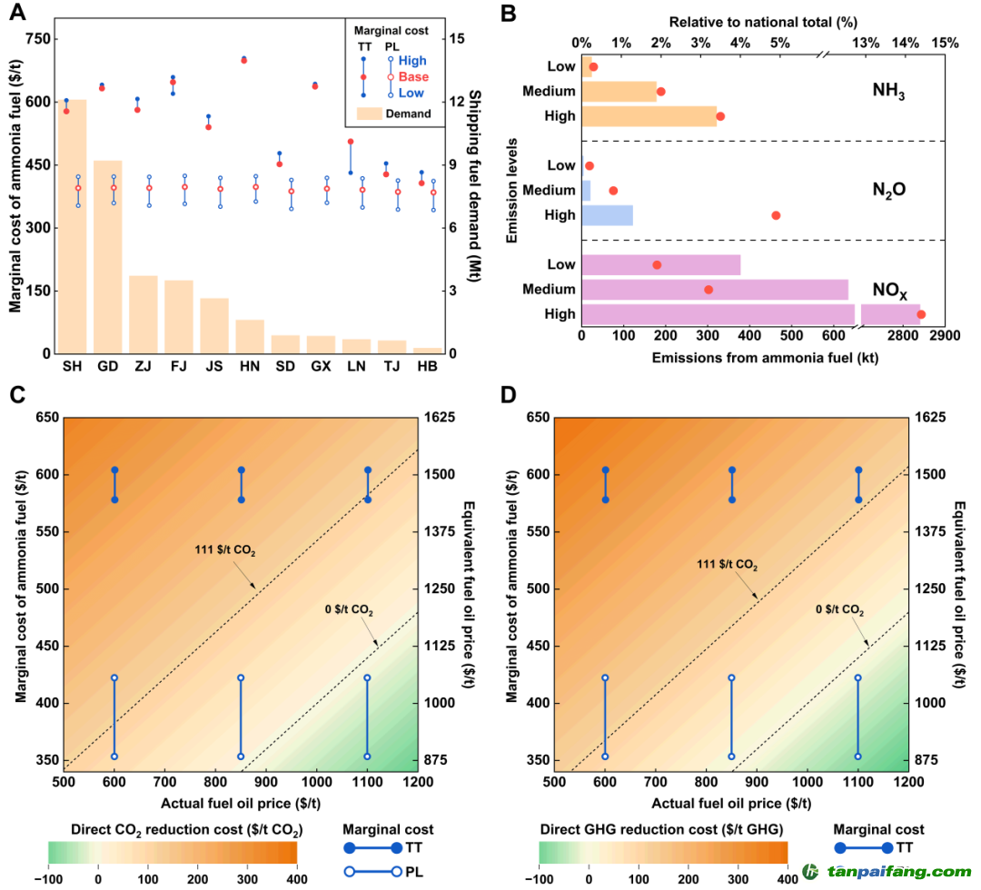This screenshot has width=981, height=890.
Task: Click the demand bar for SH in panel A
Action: point(72,226)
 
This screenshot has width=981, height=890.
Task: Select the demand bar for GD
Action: point(107,257)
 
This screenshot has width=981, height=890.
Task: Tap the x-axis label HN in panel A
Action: point(250,367)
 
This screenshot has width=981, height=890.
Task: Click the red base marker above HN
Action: point(244,61)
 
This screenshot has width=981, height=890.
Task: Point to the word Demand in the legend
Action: point(408,114)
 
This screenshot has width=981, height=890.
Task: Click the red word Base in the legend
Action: point(413,77)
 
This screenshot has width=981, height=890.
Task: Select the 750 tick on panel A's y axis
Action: point(37,39)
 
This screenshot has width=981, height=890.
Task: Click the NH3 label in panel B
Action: point(888,91)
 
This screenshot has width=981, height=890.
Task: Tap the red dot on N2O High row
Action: point(776,216)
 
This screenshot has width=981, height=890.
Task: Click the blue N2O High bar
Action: point(608,215)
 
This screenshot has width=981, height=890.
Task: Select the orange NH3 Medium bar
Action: point(619,92)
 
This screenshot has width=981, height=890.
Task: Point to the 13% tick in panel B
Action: point(866,44)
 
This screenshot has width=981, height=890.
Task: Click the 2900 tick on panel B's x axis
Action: point(944,336)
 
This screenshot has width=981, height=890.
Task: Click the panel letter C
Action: point(17,395)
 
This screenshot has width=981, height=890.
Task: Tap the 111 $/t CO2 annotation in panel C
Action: point(225,550)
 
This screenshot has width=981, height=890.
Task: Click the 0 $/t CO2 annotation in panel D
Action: point(839,609)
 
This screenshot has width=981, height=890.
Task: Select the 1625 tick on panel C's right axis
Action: point(440,417)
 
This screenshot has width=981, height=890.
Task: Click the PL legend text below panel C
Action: point(414,871)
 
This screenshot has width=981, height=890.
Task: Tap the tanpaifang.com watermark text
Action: point(899,871)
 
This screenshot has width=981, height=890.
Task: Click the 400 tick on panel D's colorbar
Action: point(788,879)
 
